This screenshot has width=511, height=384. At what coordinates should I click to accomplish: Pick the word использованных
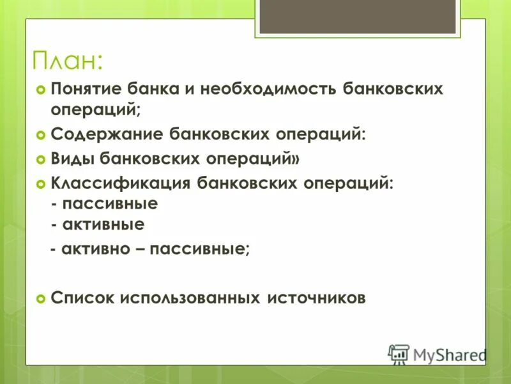(188, 298)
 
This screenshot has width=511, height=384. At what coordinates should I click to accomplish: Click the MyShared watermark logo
(438, 354)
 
